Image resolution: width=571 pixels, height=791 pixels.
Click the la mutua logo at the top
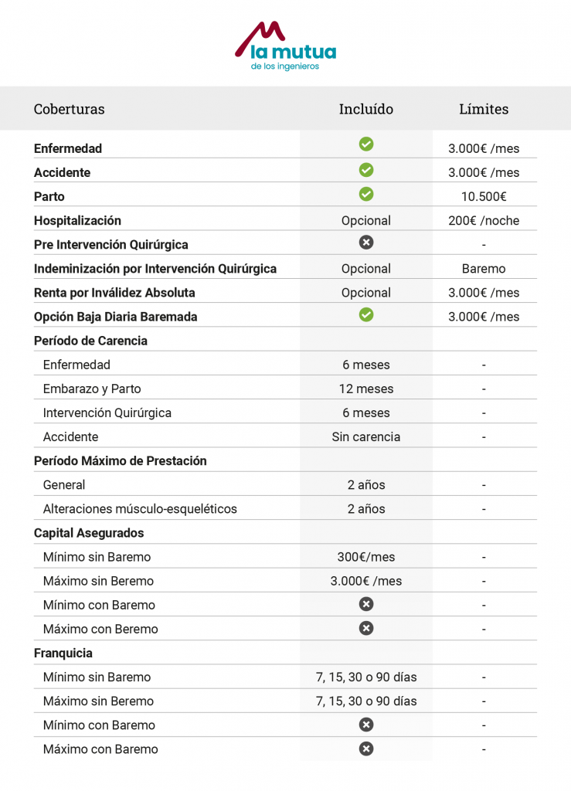coord(285,46)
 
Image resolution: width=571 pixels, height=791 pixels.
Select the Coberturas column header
coord(69,109)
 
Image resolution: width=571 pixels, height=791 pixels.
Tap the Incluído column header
coord(365,109)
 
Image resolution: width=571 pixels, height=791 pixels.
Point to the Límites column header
coord(484,109)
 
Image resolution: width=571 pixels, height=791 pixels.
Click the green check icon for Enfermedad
coord(366,144)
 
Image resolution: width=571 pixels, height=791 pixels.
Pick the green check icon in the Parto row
coord(366,193)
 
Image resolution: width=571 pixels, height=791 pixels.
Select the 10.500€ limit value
coord(484,196)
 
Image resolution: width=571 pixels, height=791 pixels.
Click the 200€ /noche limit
coord(484,220)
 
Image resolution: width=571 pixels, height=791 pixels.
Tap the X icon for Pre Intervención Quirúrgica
coord(366,243)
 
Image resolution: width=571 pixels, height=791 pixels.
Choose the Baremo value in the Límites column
coord(484,269)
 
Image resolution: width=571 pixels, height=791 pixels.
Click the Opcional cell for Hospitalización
coord(366,220)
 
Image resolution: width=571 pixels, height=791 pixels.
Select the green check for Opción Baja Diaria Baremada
coord(366,314)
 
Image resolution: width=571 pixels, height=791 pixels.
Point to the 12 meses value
coord(366,389)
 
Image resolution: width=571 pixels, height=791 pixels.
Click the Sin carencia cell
coord(366,436)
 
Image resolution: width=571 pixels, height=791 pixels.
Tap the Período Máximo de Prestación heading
coord(120,460)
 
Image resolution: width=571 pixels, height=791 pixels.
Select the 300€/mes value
coord(366,557)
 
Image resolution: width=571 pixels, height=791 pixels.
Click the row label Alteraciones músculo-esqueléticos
coord(140,509)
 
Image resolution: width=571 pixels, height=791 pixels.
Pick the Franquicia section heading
coord(63,653)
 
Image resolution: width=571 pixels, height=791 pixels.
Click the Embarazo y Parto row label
coord(92,389)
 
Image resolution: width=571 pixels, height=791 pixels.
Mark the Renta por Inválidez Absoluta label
coord(114,293)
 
